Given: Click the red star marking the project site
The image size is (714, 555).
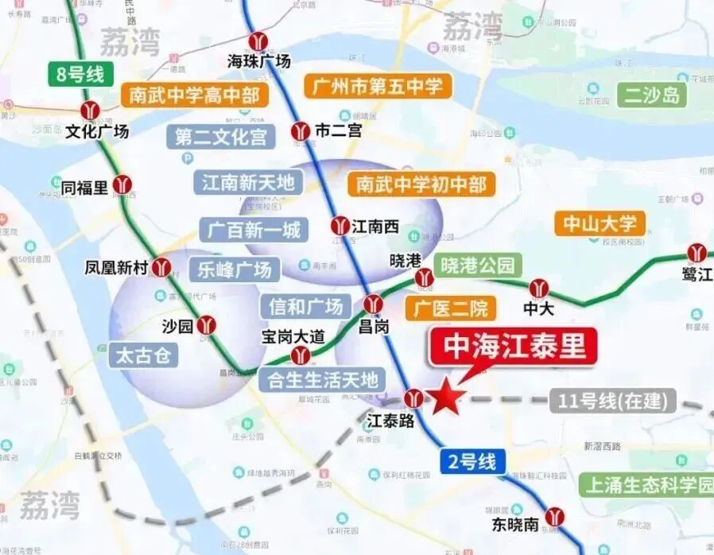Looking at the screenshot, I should pos(447,397).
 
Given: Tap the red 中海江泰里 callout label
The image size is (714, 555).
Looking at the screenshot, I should pos(513,347).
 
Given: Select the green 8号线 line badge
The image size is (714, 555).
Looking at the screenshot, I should pos(80,76).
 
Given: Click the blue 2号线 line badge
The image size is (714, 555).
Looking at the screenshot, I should pos(471,461).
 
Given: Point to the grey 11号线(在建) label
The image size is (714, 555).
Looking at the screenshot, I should pos(613,401).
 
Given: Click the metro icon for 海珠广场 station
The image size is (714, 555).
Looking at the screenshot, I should pos(259,41).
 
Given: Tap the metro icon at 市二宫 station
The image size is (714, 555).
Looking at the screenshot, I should pos(301,130).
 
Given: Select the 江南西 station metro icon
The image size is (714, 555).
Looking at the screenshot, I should pos(340,226).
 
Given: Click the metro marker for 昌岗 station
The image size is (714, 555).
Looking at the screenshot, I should pos(373,303).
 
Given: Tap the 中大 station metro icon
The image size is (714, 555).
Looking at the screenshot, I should pos(540,287).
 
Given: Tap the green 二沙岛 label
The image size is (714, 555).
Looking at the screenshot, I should pos(652,95).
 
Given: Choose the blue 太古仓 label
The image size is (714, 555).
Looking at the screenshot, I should pos(144,355).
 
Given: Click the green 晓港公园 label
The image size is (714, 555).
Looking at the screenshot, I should pos(478,266).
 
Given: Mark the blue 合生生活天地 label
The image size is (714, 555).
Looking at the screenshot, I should pos(322,380).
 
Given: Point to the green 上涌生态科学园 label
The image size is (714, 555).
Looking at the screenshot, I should pos(645,484).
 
